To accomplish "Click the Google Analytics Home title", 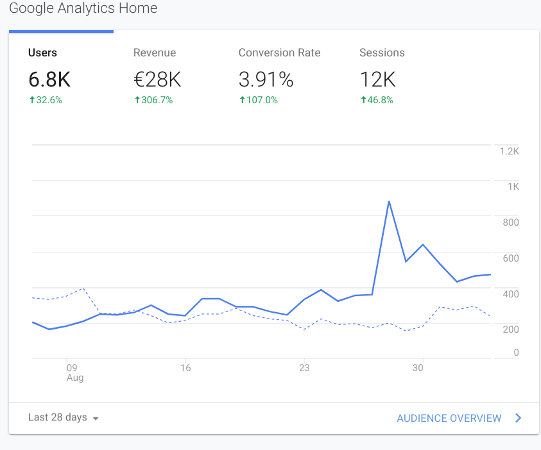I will pos(83,9).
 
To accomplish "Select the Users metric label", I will pos(42,53).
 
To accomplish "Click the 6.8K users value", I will pos(49,80).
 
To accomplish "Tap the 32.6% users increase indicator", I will pos(46,100).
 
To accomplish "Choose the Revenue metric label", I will pos(154,53).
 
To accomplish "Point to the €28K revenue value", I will pos(157,80).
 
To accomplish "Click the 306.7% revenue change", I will pos(153,100).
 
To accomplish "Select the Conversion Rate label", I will pos(279,53).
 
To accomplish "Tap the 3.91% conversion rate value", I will pos(266,80).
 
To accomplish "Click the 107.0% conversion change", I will pos(259,100).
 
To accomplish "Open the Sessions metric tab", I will pos(382,53).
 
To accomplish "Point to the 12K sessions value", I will pos(377,80).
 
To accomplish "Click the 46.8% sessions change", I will pos(377,100).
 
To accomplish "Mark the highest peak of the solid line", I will pos(389,201).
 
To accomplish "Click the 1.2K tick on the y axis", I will pos(509,151).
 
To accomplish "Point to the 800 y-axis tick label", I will pos(510,222).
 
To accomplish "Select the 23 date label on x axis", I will pos(304,368).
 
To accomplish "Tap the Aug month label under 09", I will pos(75,378).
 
